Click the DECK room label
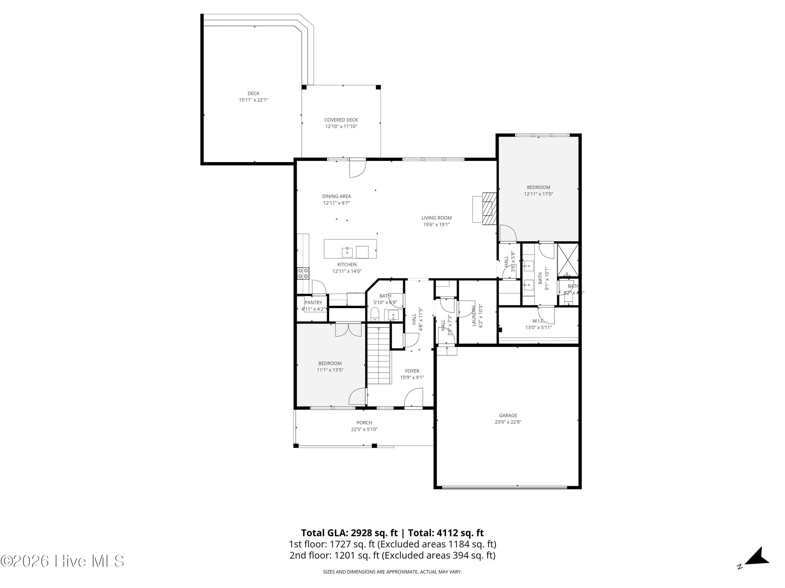(253, 94)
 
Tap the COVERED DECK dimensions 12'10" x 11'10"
(341, 126)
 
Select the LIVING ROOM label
(436, 218)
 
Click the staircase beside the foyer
(379, 355)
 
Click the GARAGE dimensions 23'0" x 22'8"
(508, 422)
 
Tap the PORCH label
(364, 423)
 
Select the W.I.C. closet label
(538, 321)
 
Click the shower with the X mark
(568, 260)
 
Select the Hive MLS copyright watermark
(62, 561)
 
